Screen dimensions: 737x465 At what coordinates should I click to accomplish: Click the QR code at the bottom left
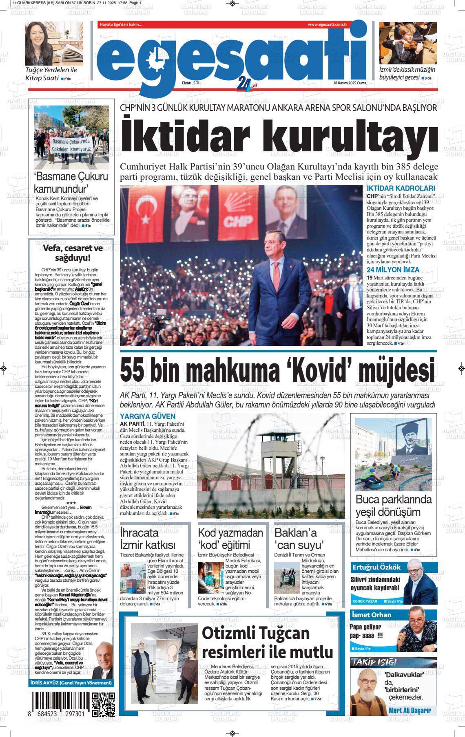pyautogui.click(x=103, y=704)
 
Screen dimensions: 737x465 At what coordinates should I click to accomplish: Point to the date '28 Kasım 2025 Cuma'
pyautogui.click(x=350, y=83)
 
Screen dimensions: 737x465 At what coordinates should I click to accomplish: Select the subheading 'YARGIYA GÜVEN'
pyautogui.click(x=147, y=416)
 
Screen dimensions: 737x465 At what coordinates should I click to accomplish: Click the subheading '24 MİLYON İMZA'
pyautogui.click(x=393, y=270)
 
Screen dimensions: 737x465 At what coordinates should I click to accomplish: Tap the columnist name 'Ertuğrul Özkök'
pyautogui.click(x=376, y=567)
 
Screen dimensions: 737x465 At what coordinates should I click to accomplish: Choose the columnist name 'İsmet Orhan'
pyautogui.click(x=371, y=615)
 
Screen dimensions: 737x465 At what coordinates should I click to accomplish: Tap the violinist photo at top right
pyautogui.click(x=408, y=43)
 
